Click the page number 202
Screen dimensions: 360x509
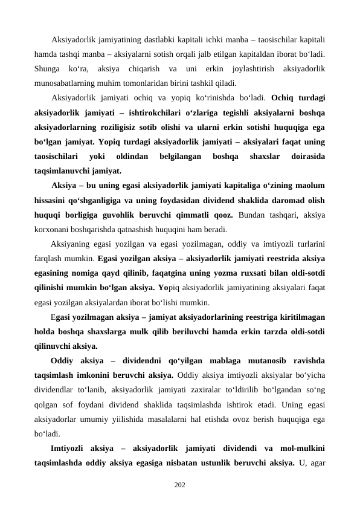tap(179, 484)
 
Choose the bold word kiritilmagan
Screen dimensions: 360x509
tap(299, 316)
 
